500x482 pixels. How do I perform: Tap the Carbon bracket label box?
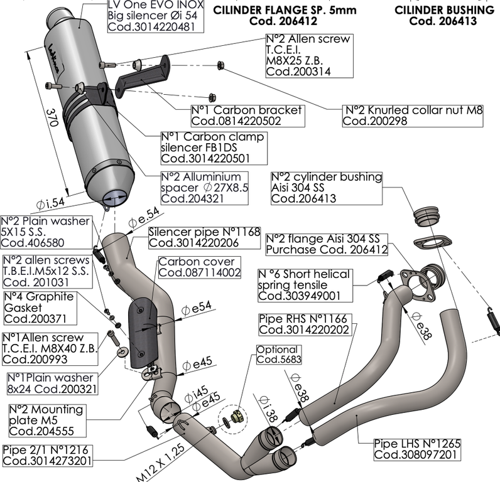pyautogui.click(x=246, y=116)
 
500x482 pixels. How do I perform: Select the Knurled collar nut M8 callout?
pyautogui.click(x=413, y=116)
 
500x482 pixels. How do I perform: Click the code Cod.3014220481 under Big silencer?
pyautogui.click(x=150, y=28)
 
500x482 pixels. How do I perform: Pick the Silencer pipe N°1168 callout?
pyautogui.click(x=204, y=237)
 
